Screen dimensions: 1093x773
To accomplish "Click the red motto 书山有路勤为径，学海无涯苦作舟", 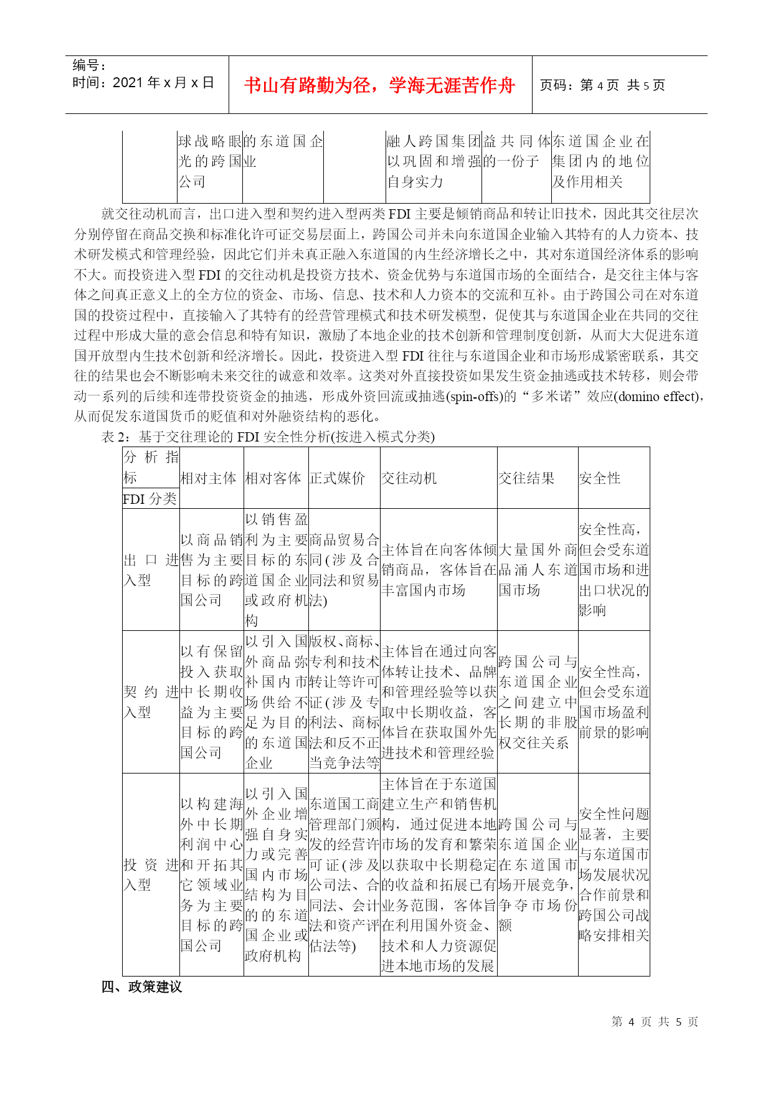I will (x=379, y=85).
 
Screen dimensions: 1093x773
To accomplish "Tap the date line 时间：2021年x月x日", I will (x=143, y=83).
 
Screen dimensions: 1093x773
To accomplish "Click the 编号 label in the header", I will (x=89, y=65).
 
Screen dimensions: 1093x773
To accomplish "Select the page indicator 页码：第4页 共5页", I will (x=602, y=85).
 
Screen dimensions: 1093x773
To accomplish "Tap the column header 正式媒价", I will (x=337, y=478).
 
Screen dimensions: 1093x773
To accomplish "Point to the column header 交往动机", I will (x=409, y=478).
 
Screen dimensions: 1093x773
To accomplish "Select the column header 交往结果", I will (x=526, y=478).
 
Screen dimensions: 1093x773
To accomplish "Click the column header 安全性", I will (x=600, y=478).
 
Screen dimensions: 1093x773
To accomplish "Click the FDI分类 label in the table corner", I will (x=149, y=499).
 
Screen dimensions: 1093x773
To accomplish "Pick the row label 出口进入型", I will (x=151, y=570).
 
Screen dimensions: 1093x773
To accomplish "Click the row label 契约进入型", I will (x=151, y=702).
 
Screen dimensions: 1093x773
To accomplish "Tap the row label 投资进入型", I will (x=151, y=874).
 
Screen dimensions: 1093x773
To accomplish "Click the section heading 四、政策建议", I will (x=141, y=987).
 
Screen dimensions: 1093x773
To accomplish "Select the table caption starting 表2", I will (x=268, y=437).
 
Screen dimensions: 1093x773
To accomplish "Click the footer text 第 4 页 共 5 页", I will (x=655, y=1021).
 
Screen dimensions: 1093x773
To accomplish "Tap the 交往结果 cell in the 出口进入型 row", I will (x=538, y=570).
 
